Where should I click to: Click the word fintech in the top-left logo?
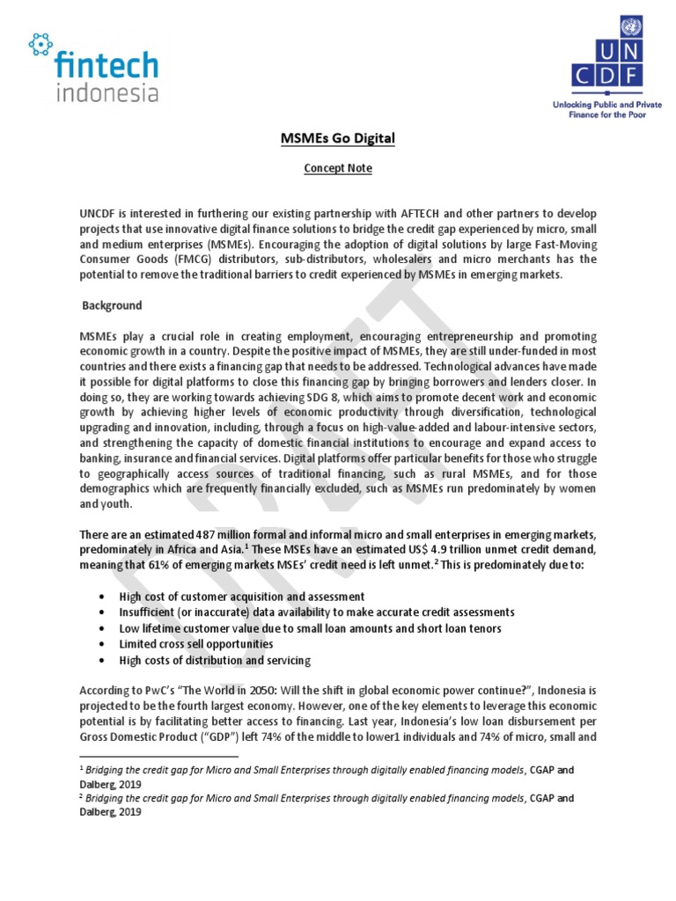pos(106,66)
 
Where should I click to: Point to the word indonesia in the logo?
pos(106,92)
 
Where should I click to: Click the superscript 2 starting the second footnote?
pos(81,797)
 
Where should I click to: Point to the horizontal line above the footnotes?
pos(158,756)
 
